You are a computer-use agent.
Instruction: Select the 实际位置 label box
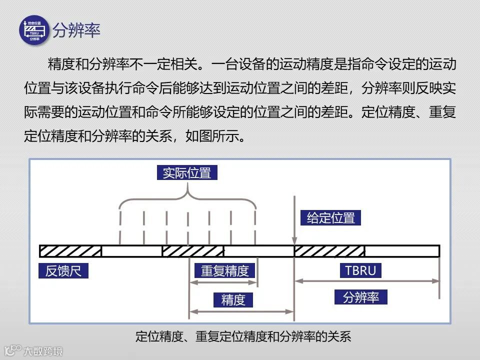[187, 173]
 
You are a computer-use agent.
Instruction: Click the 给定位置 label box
[330, 218]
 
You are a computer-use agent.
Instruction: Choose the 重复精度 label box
[224, 270]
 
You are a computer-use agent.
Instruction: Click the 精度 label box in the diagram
[233, 300]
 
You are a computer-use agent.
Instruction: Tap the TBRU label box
[360, 270]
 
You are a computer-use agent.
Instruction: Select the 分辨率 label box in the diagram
[361, 297]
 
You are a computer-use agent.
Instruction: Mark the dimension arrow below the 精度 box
[241, 312]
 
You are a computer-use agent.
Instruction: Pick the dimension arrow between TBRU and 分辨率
[366, 281]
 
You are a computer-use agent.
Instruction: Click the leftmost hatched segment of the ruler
[70, 251]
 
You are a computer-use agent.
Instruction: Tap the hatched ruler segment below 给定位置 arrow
[329, 251]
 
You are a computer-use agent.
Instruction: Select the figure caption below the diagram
[243, 336]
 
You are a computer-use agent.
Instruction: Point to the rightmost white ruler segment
[402, 251]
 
